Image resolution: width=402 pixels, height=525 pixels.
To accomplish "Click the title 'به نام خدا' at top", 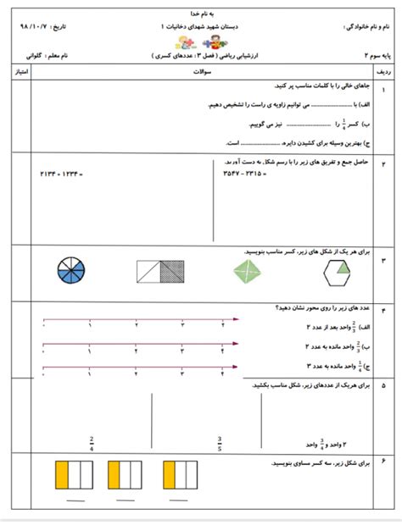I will (200, 14).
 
